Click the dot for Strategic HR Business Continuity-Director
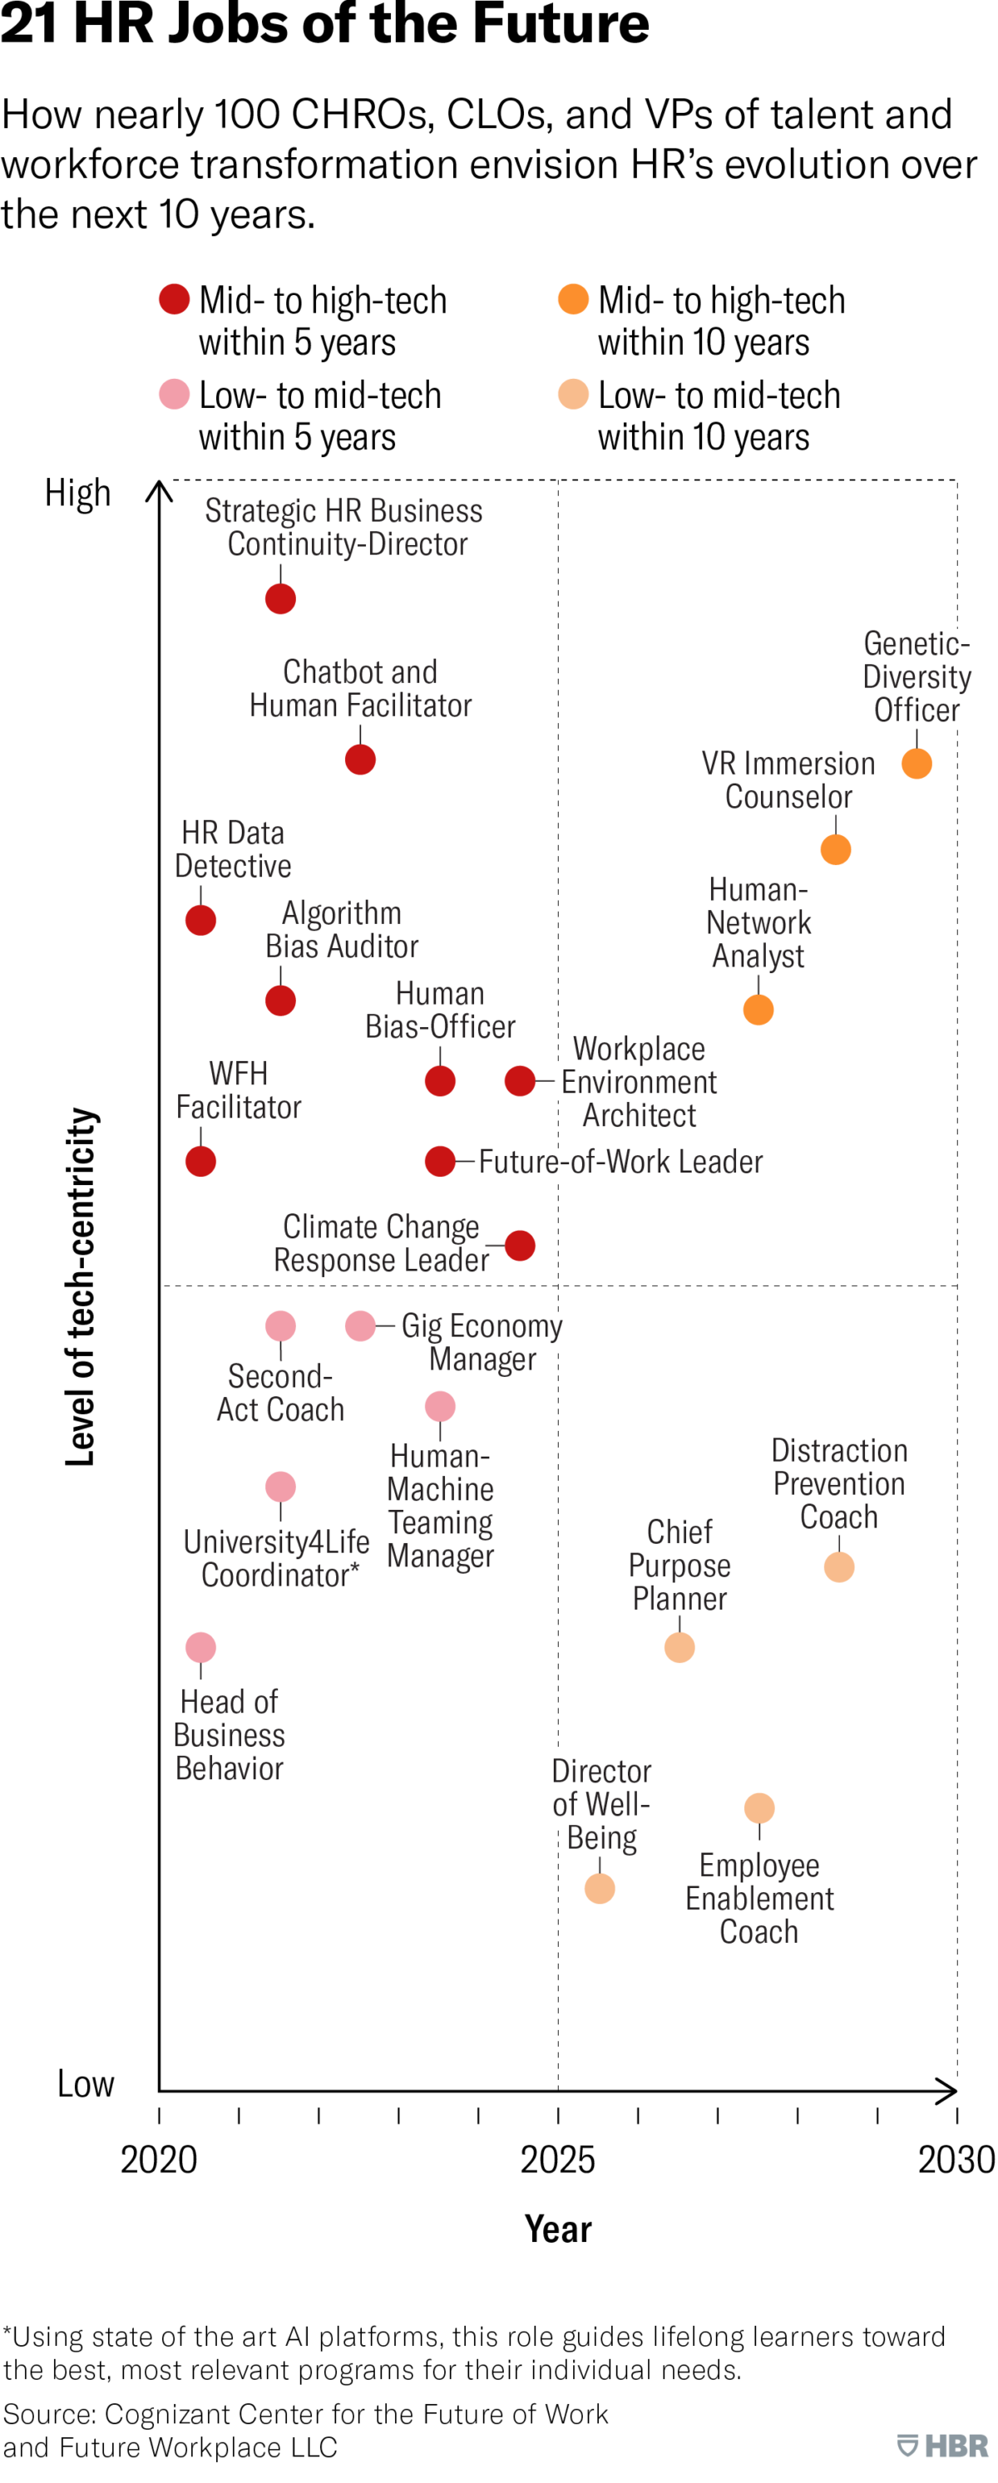tap(280, 598)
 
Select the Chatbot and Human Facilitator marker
tap(361, 760)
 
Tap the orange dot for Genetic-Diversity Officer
tap(917, 764)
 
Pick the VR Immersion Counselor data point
tap(836, 849)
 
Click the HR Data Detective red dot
tap(200, 921)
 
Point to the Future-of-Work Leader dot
tap(441, 1162)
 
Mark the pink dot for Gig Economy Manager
tap(361, 1326)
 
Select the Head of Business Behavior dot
tap(200, 1647)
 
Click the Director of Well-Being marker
tap(600, 1888)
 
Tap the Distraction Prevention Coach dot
tap(839, 1567)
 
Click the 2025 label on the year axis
tap(557, 2160)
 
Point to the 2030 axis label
tap(956, 2160)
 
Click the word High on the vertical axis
tap(78, 494)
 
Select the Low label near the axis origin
tap(86, 2084)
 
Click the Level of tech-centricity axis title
tap(81, 1287)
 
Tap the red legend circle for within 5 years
tap(175, 300)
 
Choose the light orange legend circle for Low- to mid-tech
tap(574, 394)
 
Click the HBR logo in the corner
tap(943, 2446)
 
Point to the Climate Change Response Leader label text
tap(382, 1243)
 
